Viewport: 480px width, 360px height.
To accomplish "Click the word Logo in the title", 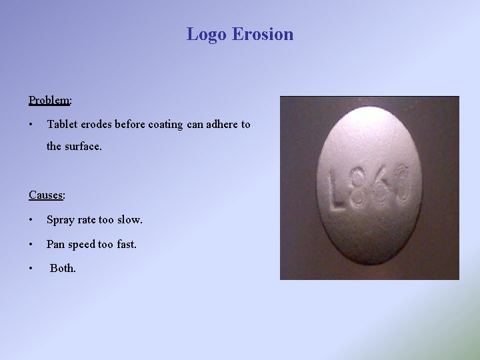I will click(207, 34).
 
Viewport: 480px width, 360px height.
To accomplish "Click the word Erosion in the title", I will click(263, 34).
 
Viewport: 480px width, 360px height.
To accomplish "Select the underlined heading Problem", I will click(49, 100).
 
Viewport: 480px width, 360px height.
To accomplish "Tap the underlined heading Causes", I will click(46, 195).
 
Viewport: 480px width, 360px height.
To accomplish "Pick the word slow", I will click(129, 219).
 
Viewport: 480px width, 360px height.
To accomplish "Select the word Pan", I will click(55, 244).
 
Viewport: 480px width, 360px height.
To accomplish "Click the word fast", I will click(126, 244).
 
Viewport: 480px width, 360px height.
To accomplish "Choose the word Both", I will click(63, 269).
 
